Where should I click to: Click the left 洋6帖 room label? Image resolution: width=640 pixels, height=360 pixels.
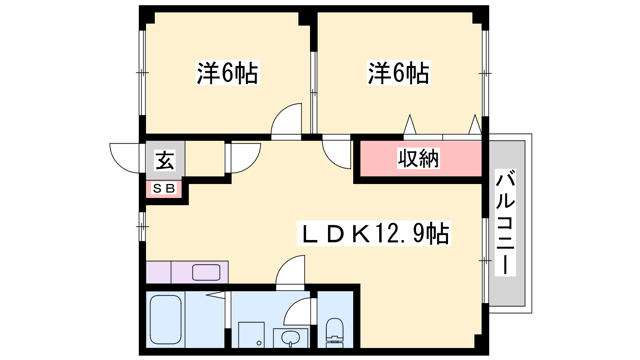(228, 73)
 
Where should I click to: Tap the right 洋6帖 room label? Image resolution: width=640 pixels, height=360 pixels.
(398, 73)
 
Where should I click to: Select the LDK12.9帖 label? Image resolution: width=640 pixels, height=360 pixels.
(374, 234)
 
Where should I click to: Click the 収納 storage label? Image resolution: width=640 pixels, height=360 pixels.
(418, 158)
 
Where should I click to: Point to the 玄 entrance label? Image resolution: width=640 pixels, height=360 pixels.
(165, 160)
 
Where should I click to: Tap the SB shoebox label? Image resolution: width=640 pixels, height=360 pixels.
(164, 188)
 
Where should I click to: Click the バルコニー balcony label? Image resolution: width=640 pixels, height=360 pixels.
(505, 222)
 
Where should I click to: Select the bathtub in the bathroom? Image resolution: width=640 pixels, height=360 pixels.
(166, 320)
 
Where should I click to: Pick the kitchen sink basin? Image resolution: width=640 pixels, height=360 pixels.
(206, 272)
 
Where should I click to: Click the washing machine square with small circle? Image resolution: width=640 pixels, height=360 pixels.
(252, 335)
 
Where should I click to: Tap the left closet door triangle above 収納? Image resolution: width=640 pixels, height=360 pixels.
(410, 124)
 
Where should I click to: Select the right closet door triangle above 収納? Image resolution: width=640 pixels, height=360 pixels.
(475, 124)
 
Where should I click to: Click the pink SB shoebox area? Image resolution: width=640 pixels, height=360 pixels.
(164, 189)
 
